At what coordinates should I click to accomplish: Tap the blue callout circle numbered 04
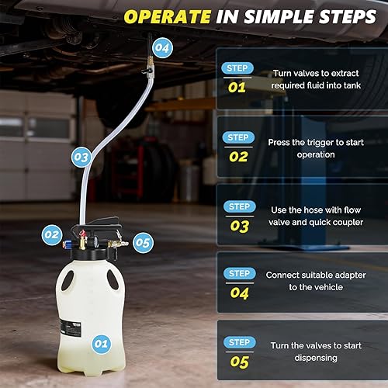[x=161, y=47]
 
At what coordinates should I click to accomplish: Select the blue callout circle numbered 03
[x=81, y=158]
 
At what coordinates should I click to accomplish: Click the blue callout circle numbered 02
[x=52, y=233]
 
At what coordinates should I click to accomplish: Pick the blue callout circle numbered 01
[x=101, y=342]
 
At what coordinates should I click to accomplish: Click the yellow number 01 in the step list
[x=237, y=87]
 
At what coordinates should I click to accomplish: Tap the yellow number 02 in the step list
[x=238, y=156]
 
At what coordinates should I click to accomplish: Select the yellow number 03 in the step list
[x=238, y=226]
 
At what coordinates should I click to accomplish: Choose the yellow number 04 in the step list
[x=238, y=293]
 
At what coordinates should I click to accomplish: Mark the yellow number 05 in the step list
[x=238, y=362]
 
